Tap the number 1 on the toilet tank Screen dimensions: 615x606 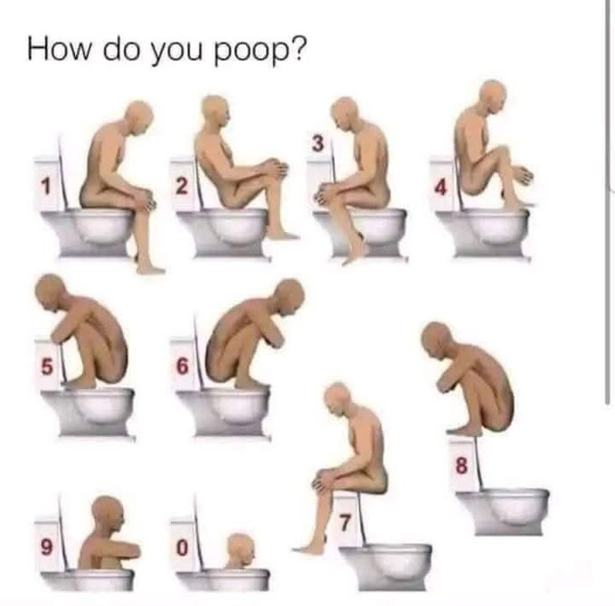coord(46,186)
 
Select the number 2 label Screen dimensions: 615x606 coord(181,186)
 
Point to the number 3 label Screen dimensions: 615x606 coord(317,143)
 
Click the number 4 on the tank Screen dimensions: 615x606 coord(440,187)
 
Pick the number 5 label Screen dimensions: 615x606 coord(46,367)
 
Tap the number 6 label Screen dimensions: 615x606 coord(182,367)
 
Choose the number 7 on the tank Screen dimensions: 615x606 coord(345,523)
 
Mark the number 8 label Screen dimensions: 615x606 coord(461,466)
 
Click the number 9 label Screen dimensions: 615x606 coord(46,547)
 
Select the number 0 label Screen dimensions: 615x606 coord(182,547)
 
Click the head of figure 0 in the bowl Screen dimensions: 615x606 coord(241,548)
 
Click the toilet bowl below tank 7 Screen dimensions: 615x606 coord(385,565)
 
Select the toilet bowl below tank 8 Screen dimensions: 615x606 coord(503,511)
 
